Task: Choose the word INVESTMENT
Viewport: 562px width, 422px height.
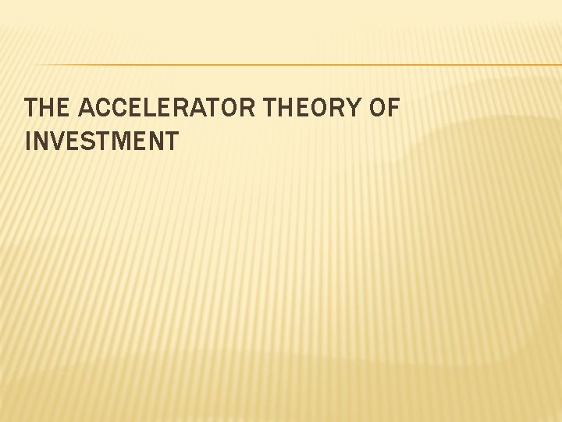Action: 101,141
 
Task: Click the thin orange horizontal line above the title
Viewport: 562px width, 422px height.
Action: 297,64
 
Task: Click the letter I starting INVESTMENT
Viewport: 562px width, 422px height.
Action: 29,141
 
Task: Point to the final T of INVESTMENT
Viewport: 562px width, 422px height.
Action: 171,141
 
